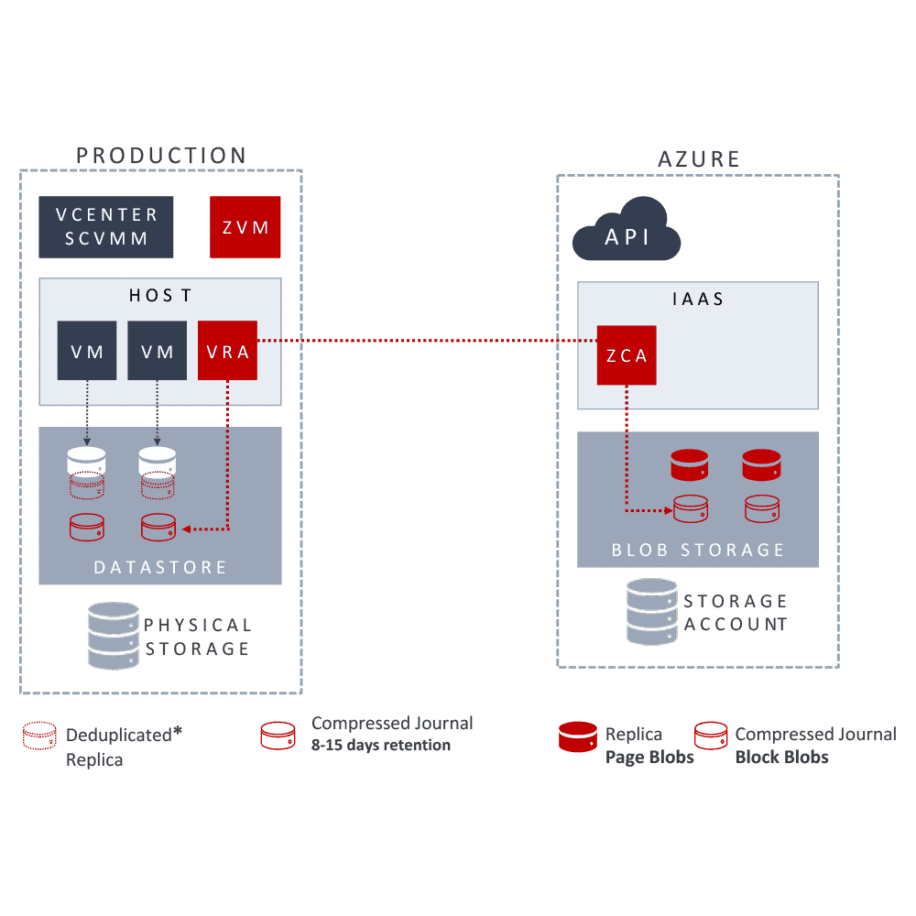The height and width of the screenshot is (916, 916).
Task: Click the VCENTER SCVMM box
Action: click(x=106, y=226)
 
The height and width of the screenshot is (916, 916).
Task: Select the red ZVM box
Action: click(x=245, y=226)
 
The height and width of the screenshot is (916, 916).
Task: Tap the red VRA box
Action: click(x=227, y=350)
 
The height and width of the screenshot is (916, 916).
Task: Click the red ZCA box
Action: click(x=627, y=355)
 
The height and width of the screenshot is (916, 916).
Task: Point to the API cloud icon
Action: click(x=627, y=235)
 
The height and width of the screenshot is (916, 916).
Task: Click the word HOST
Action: click(x=160, y=295)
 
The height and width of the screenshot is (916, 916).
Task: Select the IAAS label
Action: click(x=697, y=299)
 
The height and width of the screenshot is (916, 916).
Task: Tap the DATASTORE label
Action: click(x=160, y=568)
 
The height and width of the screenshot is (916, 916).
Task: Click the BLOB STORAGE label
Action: click(x=698, y=550)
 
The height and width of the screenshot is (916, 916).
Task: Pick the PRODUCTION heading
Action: click(x=161, y=156)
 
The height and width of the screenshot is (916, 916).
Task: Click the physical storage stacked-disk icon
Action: click(x=113, y=635)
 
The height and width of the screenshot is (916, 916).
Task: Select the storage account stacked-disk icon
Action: click(x=651, y=612)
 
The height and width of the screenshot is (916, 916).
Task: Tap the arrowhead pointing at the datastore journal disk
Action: click(x=185, y=529)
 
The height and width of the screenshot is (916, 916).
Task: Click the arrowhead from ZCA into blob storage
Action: click(x=668, y=509)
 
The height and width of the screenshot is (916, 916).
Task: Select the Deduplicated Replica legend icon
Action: click(x=40, y=736)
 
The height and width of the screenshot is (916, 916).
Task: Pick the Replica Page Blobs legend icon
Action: click(x=577, y=736)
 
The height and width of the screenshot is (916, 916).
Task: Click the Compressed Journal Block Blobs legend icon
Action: click(x=711, y=736)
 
